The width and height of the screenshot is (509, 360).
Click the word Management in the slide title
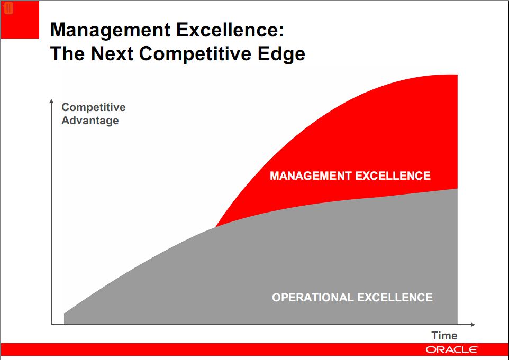110,31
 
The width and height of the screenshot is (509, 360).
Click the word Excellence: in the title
230,30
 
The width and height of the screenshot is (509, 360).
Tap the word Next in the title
112,53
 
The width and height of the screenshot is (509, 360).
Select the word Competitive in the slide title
195,54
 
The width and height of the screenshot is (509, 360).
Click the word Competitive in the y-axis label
94,107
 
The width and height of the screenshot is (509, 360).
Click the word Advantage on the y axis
90,121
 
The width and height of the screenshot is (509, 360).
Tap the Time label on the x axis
444,335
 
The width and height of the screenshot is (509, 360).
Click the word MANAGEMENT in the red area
311,176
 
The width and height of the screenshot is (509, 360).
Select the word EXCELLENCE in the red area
393,176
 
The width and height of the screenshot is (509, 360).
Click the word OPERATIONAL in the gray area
313,298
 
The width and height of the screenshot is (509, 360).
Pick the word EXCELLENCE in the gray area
395,298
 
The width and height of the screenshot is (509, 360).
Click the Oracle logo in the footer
451,349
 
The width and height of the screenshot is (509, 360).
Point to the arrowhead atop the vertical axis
51,101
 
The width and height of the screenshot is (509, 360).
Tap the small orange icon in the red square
8,8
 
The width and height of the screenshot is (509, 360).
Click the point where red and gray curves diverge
215,227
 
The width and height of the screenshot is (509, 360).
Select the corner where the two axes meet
51,325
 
